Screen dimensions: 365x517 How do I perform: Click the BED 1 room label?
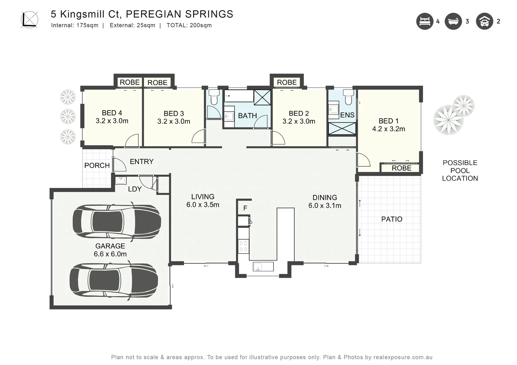point(388,121)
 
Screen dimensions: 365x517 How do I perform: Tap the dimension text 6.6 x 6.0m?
point(110,254)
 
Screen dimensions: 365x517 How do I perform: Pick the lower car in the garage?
point(114,281)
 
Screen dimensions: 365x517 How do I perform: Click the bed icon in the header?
point(425,21)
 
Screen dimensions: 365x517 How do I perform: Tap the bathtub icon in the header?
point(453,21)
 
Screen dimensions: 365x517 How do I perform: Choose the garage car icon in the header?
point(484,21)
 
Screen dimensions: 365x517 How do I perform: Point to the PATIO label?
point(391,219)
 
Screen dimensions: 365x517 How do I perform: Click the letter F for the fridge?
point(245,208)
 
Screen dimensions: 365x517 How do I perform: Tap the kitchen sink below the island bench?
point(263,267)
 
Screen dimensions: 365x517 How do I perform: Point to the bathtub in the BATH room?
point(239,96)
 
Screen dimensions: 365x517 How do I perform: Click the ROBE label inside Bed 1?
point(401,168)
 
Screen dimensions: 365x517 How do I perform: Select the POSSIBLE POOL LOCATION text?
point(460,171)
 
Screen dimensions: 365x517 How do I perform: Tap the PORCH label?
point(97,166)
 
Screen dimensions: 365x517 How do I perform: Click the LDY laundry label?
point(135,189)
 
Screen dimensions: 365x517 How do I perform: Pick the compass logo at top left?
point(29,20)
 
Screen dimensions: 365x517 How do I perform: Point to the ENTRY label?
point(141,162)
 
